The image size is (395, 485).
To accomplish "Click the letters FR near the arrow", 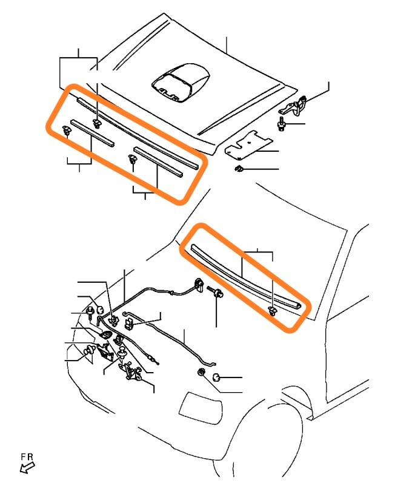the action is click(x=27, y=456).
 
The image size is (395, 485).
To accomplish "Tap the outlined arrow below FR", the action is click(x=27, y=467).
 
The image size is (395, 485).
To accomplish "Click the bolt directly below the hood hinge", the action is click(x=281, y=124).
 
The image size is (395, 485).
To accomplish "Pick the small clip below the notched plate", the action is click(x=239, y=169).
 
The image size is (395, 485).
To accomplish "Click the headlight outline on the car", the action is click(x=201, y=409).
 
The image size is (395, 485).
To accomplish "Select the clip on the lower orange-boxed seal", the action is click(x=272, y=311).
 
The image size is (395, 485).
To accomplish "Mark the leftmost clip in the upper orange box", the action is click(x=66, y=131).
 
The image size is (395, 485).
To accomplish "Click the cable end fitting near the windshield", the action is click(x=199, y=285).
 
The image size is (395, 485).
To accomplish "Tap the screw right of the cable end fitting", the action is click(x=216, y=292).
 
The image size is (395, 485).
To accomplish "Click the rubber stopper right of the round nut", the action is click(x=217, y=378).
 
